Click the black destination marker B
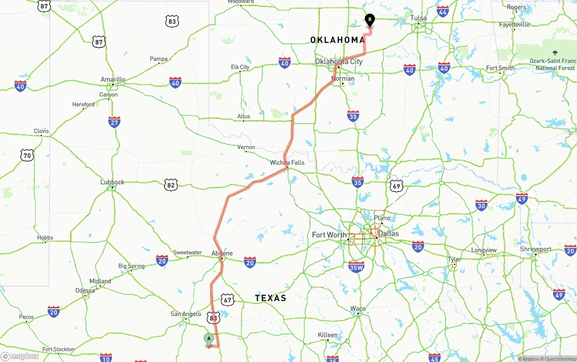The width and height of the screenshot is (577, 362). click(x=370, y=20)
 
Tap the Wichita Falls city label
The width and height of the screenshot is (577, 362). click(x=287, y=162)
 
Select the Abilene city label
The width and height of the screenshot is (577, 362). click(x=222, y=253)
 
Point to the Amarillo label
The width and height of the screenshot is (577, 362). click(x=113, y=79)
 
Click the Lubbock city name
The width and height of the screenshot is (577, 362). click(x=112, y=182)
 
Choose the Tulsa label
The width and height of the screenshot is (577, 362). click(x=418, y=18)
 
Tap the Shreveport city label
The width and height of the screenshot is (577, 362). click(x=536, y=249)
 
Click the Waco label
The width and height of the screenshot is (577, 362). click(x=358, y=309)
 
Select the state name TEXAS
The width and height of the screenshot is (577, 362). click(x=270, y=298)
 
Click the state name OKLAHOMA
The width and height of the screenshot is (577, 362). click(x=338, y=40)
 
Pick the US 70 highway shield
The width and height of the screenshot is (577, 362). click(x=27, y=156)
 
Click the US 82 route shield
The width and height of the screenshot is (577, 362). click(x=170, y=185)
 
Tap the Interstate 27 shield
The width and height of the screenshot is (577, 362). click(x=114, y=122)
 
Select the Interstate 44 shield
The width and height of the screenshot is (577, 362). click(x=443, y=11)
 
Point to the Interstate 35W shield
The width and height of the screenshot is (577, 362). click(x=356, y=267)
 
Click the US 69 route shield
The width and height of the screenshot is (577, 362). click(x=396, y=186)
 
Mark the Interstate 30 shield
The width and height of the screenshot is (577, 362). click(x=481, y=205)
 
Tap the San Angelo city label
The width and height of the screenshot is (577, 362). click(x=186, y=314)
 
